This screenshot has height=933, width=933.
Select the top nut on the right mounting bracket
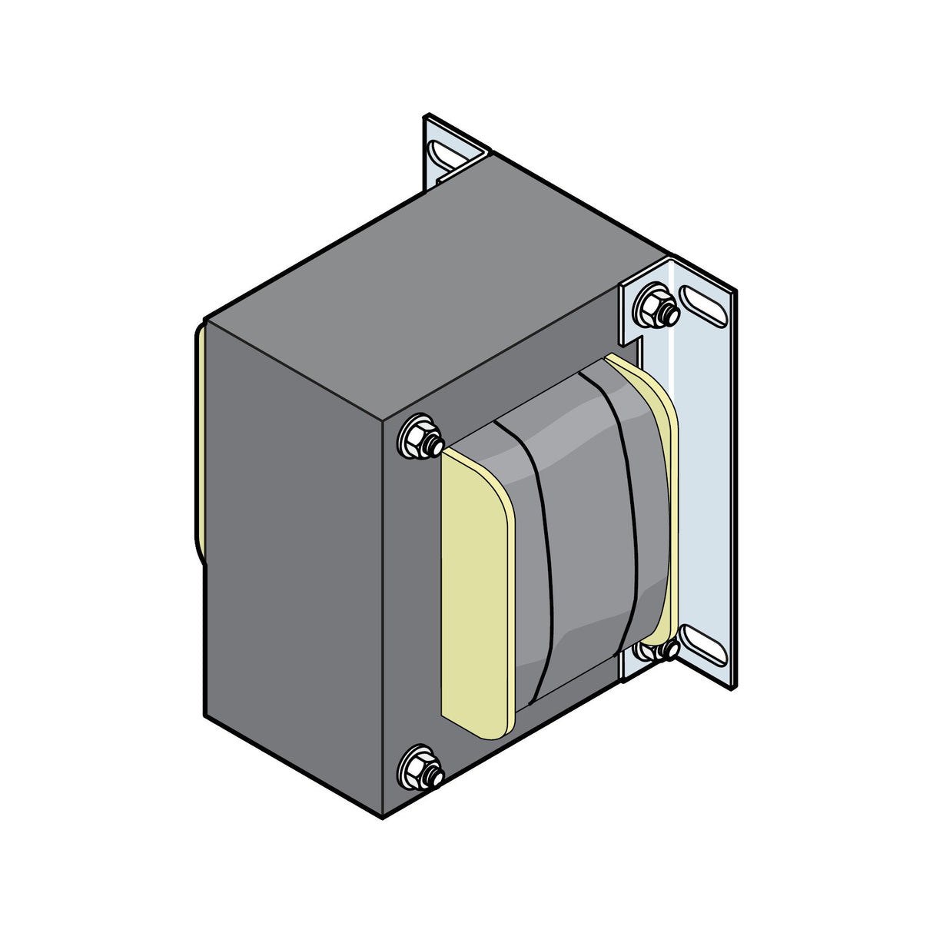pyautogui.click(x=656, y=305)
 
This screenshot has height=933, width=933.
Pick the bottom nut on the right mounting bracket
pyautogui.click(x=655, y=651)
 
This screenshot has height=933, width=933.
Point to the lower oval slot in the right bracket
pyautogui.click(x=702, y=644)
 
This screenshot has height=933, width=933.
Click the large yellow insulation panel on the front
pyautogui.click(x=474, y=592)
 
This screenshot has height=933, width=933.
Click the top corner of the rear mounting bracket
pyautogui.click(x=427, y=117)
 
